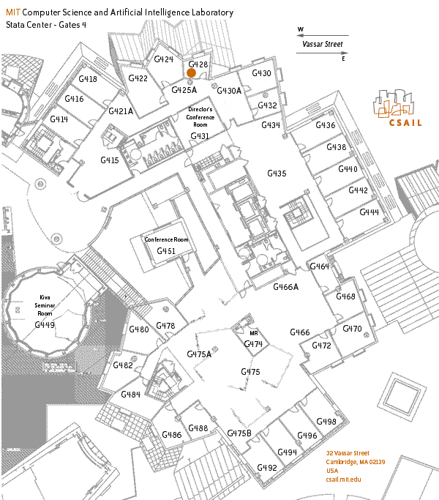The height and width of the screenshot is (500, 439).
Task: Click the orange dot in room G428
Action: (x=191, y=73)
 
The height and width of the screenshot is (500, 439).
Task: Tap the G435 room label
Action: (x=277, y=173)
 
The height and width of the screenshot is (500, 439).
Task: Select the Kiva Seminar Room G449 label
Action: (x=45, y=311)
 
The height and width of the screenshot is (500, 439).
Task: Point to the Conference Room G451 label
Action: (x=166, y=245)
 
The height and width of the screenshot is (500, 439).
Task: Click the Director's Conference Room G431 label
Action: (x=200, y=123)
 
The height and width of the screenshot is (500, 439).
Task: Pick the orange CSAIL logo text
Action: (x=405, y=123)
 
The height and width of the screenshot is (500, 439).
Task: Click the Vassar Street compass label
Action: (x=323, y=44)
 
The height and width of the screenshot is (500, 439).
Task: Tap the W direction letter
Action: (x=300, y=29)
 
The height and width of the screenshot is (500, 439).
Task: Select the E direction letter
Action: (x=343, y=59)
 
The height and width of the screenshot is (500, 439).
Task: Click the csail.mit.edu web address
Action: (x=343, y=480)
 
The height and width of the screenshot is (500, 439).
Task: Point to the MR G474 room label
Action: (x=253, y=339)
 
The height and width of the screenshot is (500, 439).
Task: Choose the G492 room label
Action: (x=267, y=468)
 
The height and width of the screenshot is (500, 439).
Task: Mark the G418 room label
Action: (x=88, y=79)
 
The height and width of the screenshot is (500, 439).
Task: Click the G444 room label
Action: (x=369, y=212)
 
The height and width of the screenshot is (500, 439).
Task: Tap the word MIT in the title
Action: (x=13, y=12)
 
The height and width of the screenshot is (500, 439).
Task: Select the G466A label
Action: (x=285, y=287)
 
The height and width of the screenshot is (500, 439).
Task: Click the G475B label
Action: (x=239, y=433)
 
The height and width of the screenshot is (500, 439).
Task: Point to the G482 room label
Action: (x=123, y=365)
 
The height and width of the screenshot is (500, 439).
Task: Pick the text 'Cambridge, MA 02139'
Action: (x=356, y=462)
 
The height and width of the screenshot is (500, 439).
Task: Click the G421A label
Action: (x=121, y=111)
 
